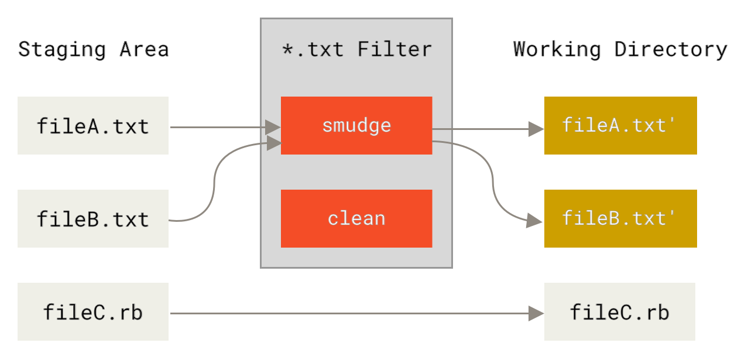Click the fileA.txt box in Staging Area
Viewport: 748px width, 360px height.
click(93, 126)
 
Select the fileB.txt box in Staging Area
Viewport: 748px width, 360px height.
click(93, 218)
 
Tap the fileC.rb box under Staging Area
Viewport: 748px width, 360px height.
click(93, 311)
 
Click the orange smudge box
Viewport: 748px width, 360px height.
click(356, 125)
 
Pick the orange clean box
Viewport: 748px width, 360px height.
click(356, 218)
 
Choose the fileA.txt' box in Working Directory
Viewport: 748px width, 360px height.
click(620, 125)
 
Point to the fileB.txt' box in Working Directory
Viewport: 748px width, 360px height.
click(620, 218)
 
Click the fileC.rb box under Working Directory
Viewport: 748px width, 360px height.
click(620, 311)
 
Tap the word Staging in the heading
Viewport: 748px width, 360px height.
click(63, 49)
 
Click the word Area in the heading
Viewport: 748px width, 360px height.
click(145, 49)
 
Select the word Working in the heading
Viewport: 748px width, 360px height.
click(557, 49)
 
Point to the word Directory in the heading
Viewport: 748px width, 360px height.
click(671, 49)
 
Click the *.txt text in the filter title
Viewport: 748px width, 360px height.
click(313, 49)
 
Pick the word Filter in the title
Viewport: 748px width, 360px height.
click(395, 49)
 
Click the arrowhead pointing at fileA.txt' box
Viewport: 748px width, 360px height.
click(536, 129)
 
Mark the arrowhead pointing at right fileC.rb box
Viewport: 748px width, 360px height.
click(536, 313)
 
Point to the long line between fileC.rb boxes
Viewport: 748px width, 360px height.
click(351, 313)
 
